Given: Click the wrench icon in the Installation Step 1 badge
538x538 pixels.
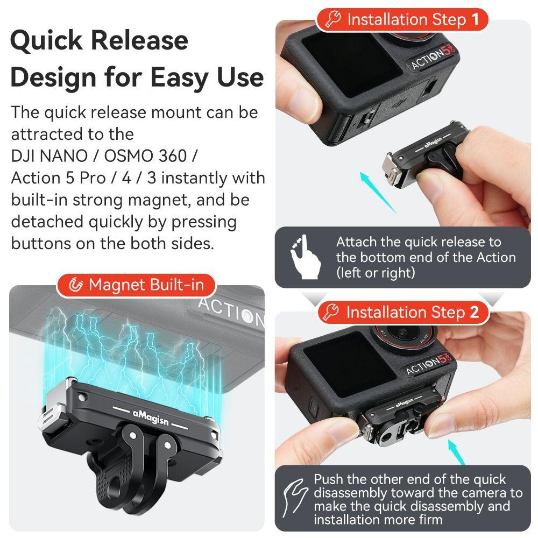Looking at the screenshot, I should click(334, 20).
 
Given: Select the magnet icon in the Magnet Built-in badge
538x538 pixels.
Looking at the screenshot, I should click(76, 285).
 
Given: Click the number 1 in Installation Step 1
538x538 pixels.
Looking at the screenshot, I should click(475, 20).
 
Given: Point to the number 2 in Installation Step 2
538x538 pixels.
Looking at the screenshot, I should click(474, 312).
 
